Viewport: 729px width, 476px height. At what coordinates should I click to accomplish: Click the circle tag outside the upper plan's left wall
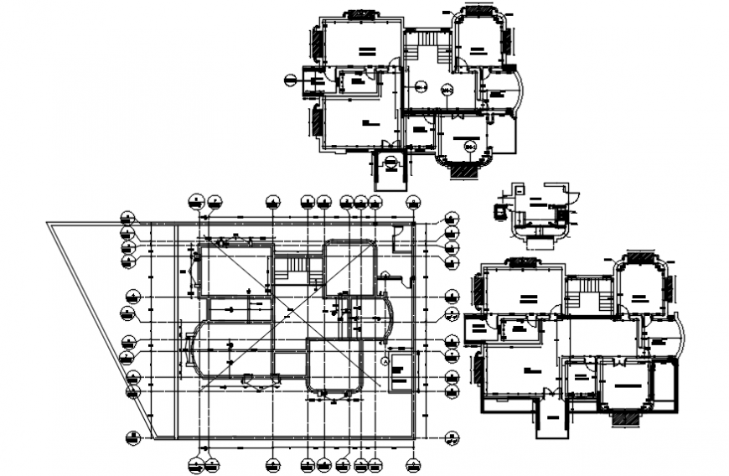click(291, 80)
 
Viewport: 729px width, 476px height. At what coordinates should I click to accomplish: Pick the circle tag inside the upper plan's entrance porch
click(390, 164)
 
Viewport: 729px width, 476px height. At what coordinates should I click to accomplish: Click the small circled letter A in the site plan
click(384, 361)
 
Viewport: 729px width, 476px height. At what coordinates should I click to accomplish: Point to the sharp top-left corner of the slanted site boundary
click(48, 223)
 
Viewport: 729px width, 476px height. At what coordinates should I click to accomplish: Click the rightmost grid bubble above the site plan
click(411, 201)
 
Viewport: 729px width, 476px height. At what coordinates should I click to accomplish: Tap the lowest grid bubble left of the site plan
click(131, 437)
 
